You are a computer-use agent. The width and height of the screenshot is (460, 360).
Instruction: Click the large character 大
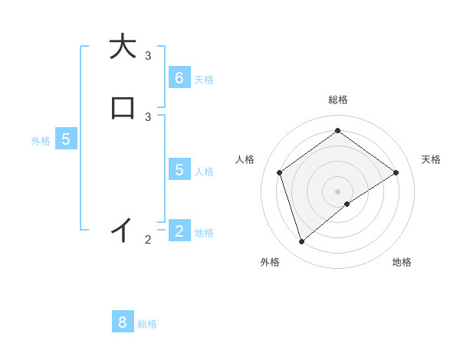122,47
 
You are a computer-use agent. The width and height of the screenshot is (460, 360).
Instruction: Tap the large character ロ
122,108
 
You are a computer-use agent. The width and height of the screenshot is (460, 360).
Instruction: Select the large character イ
122,229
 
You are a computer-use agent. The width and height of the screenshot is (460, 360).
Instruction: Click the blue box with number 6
179,77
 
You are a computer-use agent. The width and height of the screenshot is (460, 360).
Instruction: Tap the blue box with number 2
179,231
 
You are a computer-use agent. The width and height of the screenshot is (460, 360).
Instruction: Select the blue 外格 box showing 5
66,139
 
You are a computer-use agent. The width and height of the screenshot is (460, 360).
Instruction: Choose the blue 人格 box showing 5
179,169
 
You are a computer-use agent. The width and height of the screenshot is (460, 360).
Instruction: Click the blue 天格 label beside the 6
204,79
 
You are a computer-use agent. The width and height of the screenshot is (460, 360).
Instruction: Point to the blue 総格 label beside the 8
147,324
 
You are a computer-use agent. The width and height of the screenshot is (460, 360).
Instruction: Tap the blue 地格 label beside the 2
204,233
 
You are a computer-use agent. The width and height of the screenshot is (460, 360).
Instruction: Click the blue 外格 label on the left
41,141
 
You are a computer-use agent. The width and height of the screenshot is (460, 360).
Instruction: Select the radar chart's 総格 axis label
337,100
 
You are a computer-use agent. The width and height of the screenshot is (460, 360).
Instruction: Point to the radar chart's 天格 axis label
431,159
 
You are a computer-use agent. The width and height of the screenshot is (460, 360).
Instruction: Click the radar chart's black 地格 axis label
402,262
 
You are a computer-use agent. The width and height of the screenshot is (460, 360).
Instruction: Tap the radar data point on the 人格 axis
280,172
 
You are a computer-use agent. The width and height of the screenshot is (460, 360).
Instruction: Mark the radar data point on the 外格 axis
302,242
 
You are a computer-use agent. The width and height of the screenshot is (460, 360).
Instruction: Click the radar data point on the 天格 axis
396,172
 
